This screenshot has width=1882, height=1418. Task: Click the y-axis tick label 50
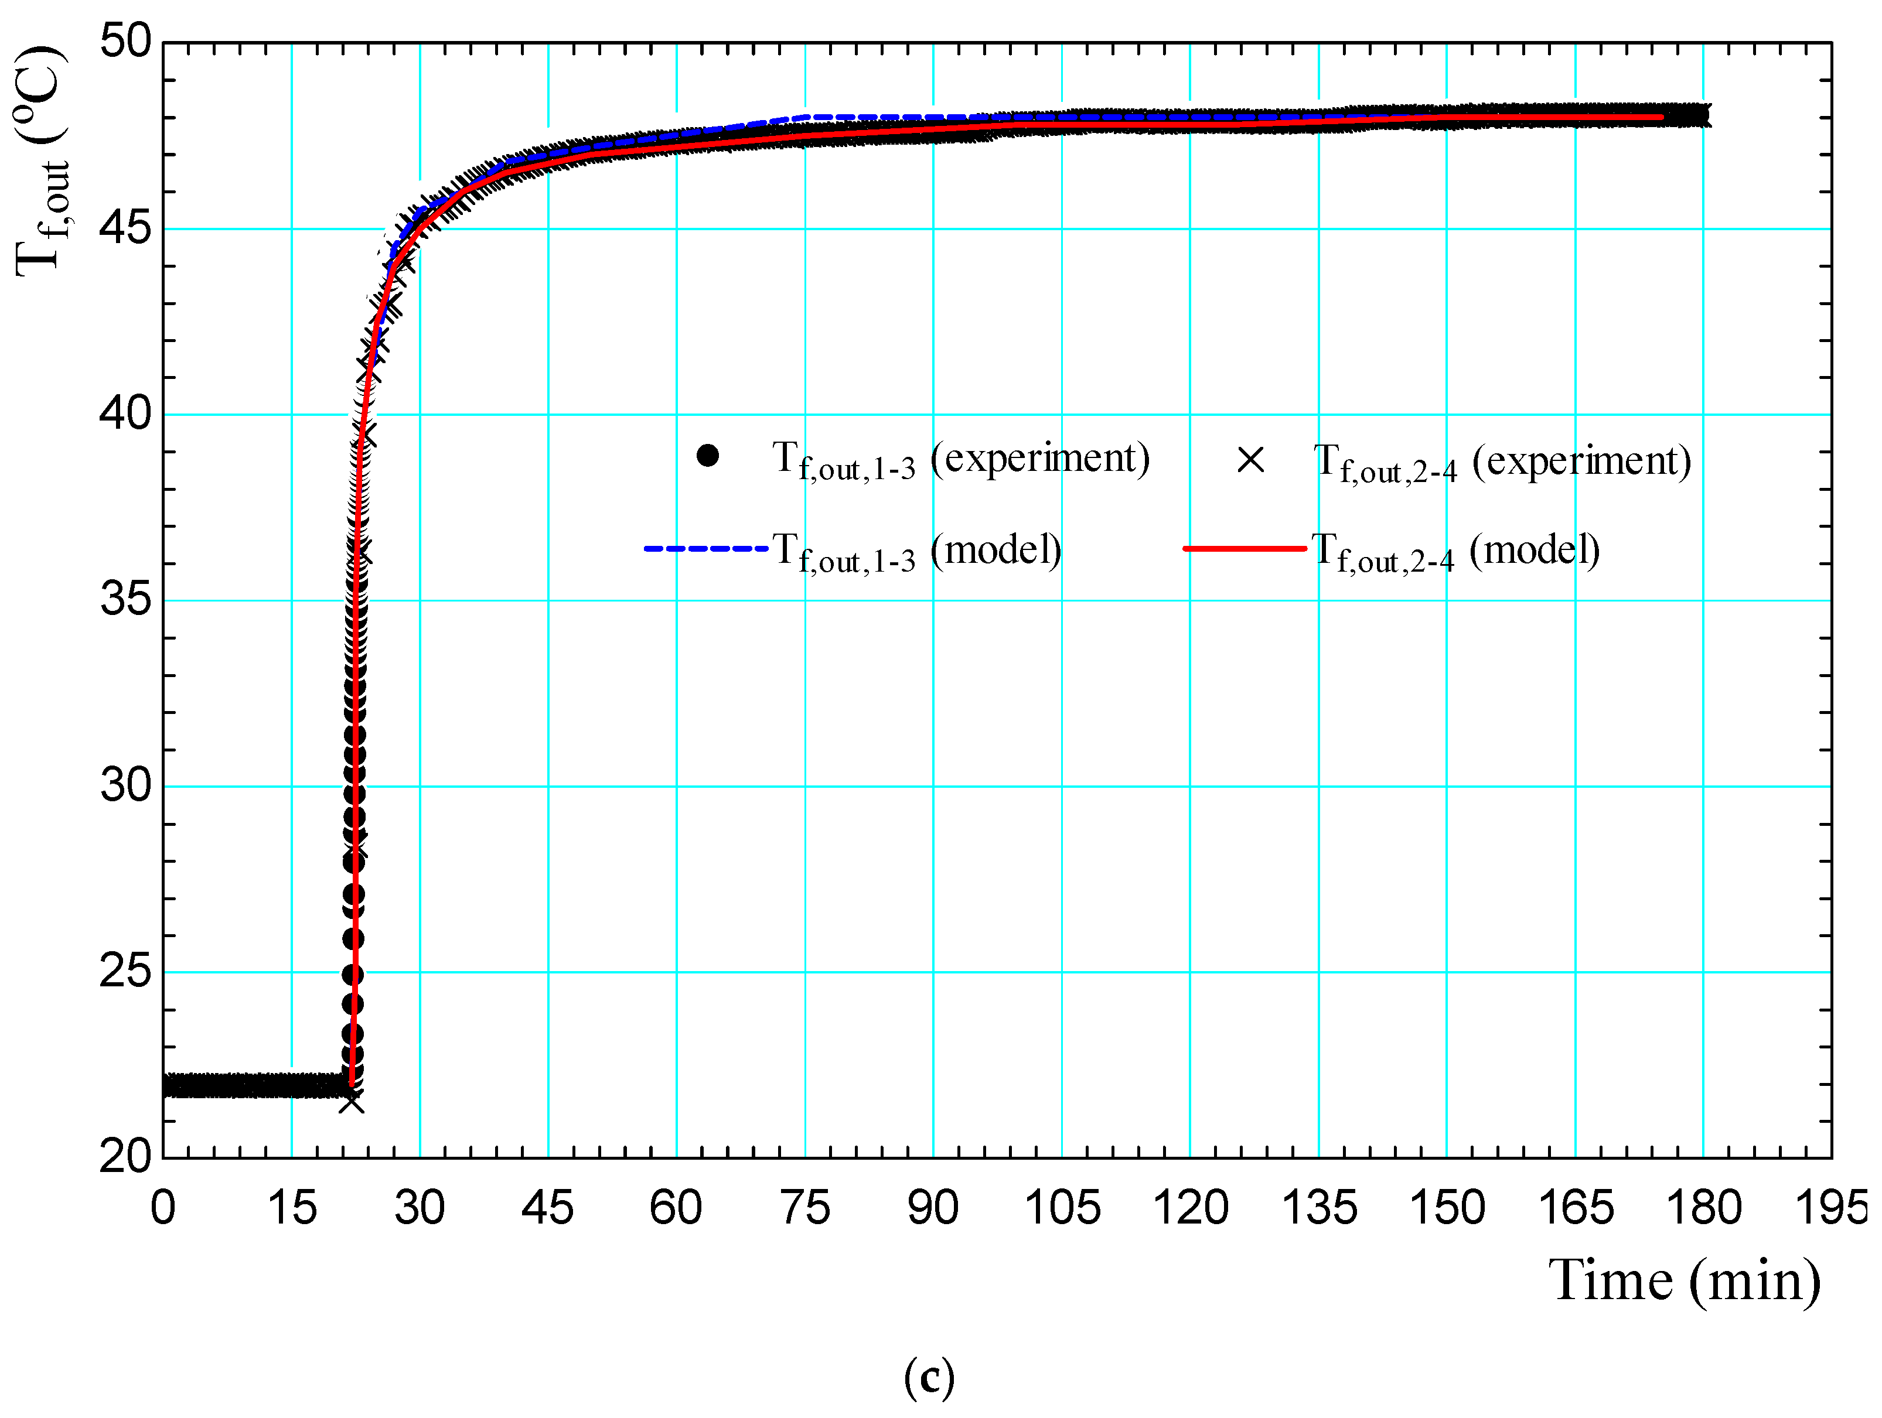click(x=124, y=41)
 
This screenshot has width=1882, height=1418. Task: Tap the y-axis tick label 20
click(x=124, y=1157)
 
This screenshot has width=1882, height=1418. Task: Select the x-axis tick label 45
click(x=547, y=1208)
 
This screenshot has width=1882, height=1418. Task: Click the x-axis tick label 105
click(x=1062, y=1208)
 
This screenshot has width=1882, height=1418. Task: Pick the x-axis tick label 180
click(x=1703, y=1208)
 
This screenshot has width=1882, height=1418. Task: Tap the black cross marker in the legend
click(x=1250, y=460)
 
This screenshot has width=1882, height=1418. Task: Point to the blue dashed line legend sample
click(x=705, y=549)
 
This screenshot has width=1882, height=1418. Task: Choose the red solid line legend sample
click(x=1244, y=549)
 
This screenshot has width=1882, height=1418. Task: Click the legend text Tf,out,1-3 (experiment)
click(x=960, y=460)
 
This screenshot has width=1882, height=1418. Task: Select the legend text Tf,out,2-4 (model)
click(x=1455, y=551)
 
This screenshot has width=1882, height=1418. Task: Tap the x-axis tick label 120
click(x=1189, y=1208)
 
